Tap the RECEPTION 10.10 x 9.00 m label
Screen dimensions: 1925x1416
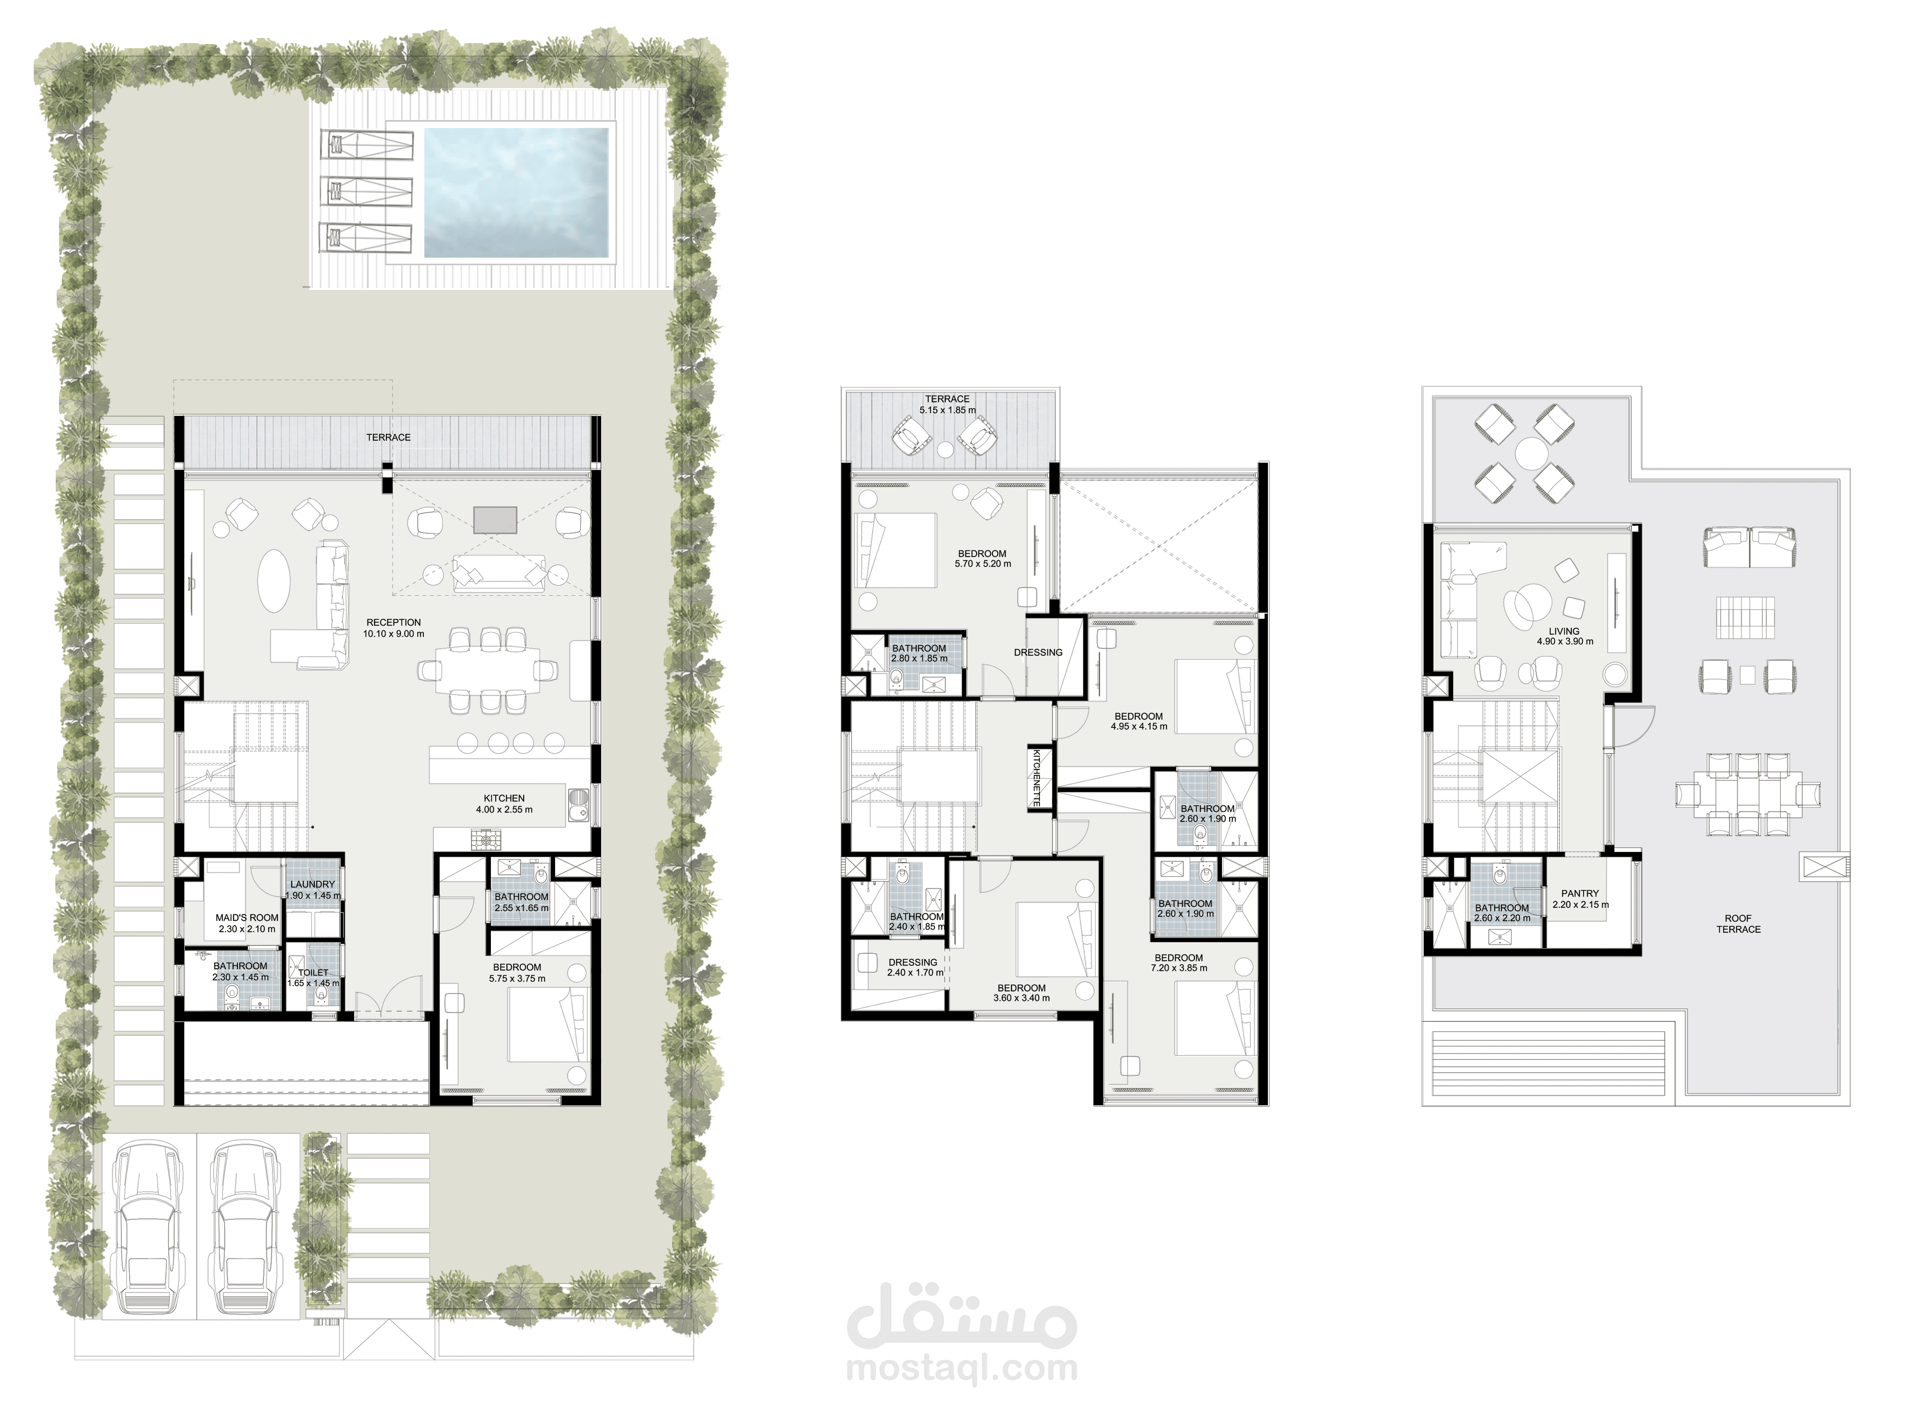(x=393, y=628)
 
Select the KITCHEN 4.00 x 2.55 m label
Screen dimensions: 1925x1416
(x=504, y=804)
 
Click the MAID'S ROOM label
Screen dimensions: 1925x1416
(x=247, y=917)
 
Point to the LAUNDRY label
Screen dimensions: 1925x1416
(x=313, y=884)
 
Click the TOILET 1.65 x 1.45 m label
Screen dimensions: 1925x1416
(x=314, y=978)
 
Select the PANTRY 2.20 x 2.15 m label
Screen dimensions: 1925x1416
(x=1580, y=898)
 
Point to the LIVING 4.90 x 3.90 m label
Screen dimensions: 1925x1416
(x=1565, y=636)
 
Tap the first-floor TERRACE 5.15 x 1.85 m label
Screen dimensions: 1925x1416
(x=947, y=405)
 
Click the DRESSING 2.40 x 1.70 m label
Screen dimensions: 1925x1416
(x=915, y=968)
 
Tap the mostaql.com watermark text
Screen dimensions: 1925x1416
(x=962, y=1368)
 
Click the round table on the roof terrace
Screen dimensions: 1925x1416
(x=1531, y=451)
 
